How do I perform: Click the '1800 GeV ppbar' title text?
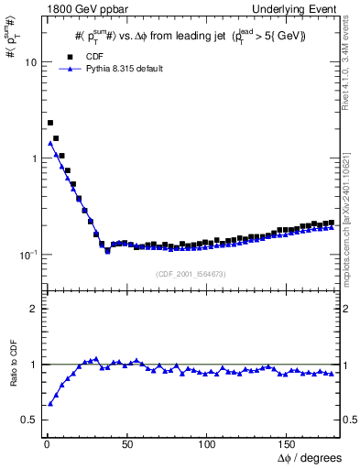75,8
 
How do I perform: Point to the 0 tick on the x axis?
46,446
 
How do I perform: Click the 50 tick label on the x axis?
126,446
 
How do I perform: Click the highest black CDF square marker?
50,123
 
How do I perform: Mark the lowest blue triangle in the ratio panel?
50,403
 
